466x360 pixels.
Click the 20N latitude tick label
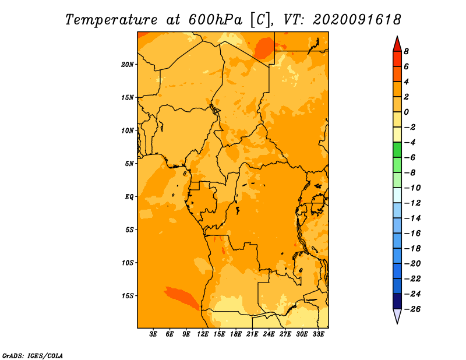(128, 65)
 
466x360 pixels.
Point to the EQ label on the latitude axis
(129, 197)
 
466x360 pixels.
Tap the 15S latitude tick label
(128, 296)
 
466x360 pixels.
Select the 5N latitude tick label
(129, 164)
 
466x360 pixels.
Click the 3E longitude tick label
(153, 334)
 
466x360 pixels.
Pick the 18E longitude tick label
(236, 334)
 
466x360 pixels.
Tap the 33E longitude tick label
(318, 334)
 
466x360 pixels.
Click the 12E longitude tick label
(203, 334)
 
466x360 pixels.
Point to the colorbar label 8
(406, 51)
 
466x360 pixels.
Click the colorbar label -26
(413, 309)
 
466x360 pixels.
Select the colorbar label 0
(406, 112)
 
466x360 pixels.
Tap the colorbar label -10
(413, 188)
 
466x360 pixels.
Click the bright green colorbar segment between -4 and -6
(397, 150)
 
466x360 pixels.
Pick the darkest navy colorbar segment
(397, 301)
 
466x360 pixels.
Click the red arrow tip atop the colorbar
(397, 37)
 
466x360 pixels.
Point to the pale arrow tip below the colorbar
(397, 323)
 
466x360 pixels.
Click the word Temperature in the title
(111, 20)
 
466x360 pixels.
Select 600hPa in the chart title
(216, 20)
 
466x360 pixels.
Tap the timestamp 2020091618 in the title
(357, 20)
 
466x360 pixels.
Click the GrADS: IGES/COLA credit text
(33, 355)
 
